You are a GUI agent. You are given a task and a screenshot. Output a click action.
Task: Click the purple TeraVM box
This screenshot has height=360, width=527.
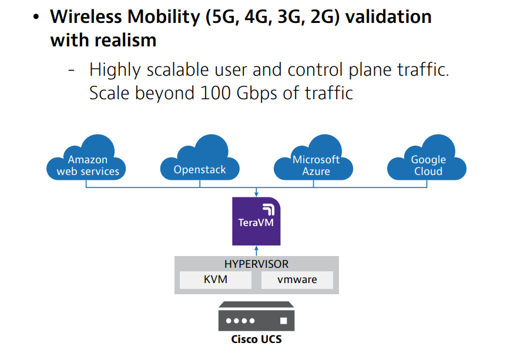point(256,221)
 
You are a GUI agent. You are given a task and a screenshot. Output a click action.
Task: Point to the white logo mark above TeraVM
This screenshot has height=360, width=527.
point(268,209)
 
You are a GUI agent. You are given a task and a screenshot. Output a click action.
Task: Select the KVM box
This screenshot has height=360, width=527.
point(216,280)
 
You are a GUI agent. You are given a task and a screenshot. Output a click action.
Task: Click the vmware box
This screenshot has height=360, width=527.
point(297,280)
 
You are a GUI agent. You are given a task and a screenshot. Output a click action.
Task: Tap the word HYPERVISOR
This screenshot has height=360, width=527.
point(256,264)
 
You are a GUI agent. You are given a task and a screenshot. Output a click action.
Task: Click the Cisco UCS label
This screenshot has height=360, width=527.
point(256,339)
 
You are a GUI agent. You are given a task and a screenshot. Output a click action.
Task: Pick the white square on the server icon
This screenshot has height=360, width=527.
point(284,321)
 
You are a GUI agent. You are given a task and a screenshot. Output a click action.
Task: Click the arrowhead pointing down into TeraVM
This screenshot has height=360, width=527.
point(256,194)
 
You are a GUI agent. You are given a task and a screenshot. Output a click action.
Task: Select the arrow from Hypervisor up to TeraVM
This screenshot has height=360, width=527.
point(256,251)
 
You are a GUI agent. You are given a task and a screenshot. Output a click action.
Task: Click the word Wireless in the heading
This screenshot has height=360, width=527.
point(86,16)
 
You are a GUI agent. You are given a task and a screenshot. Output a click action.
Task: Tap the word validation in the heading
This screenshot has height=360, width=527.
point(388,16)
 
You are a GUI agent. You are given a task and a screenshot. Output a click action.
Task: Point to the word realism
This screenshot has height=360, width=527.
point(125,41)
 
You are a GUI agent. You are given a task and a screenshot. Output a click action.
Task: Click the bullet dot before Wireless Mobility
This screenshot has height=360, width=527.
point(36,17)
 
